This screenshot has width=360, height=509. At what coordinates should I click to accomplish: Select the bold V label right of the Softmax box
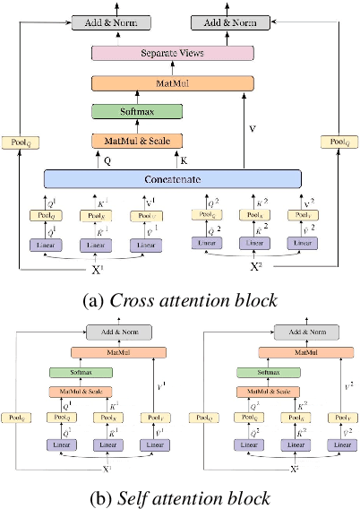252,128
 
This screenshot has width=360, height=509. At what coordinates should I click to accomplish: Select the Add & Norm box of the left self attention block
106,332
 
